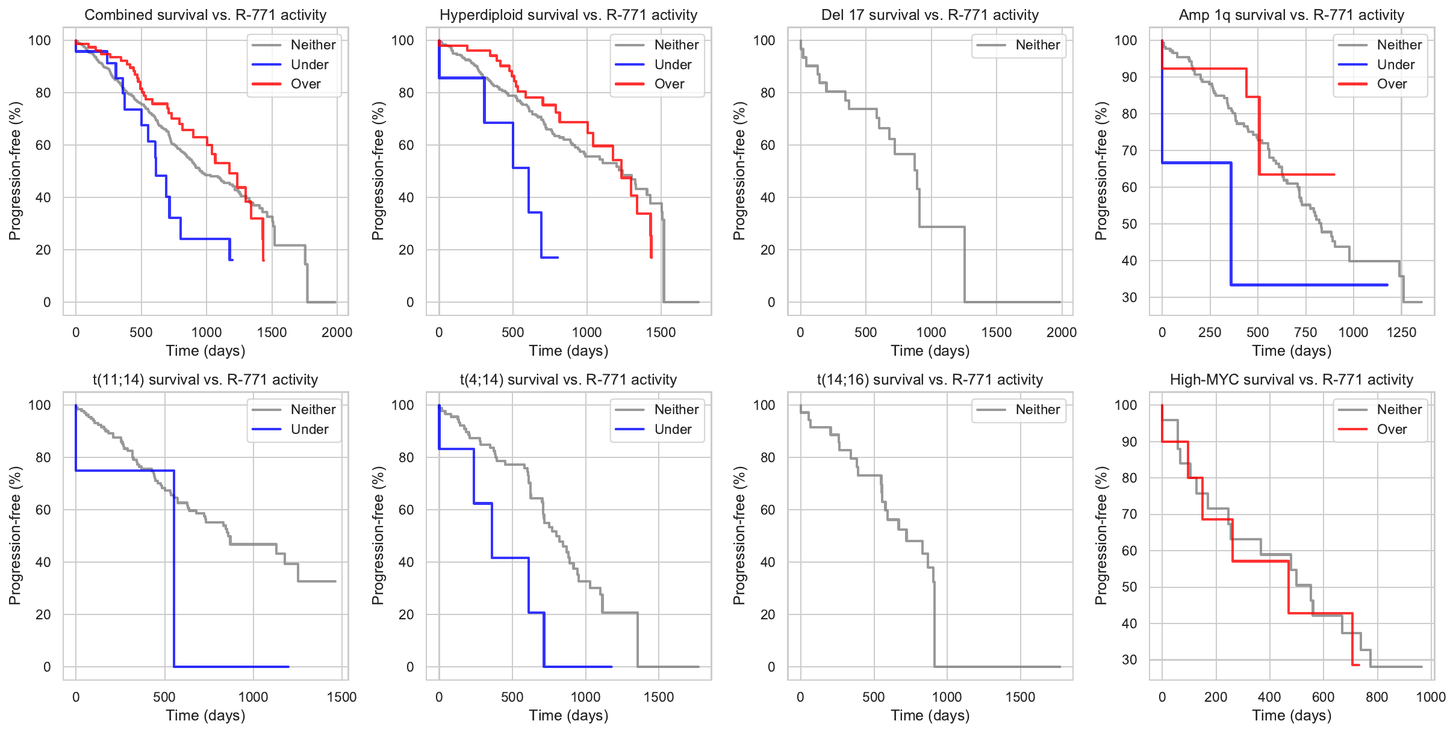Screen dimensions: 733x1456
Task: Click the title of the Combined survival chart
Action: [205, 15]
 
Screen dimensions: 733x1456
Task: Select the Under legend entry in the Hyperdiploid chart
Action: [673, 64]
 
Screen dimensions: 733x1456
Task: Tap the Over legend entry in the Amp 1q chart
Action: [1392, 84]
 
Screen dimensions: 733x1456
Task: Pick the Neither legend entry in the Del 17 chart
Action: [1037, 45]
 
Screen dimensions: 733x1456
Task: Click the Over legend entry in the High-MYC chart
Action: [1392, 430]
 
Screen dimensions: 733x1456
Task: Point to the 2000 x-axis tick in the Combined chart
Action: [337, 332]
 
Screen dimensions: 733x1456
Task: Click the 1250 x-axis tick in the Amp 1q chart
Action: [1401, 332]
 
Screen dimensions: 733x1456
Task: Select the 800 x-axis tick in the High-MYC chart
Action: [1377, 697]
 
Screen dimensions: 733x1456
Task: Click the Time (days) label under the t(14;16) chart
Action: [930, 716]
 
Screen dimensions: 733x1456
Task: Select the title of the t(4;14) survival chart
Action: [568, 380]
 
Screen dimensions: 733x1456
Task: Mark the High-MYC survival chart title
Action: [1291, 380]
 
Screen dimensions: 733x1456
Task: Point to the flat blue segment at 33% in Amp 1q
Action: [1307, 285]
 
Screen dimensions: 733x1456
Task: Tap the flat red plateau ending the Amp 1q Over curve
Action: [1295, 175]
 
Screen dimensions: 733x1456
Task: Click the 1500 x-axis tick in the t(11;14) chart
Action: [341, 697]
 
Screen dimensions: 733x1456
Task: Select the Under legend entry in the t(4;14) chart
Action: [673, 430]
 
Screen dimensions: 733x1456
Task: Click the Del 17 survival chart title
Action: [930, 15]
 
